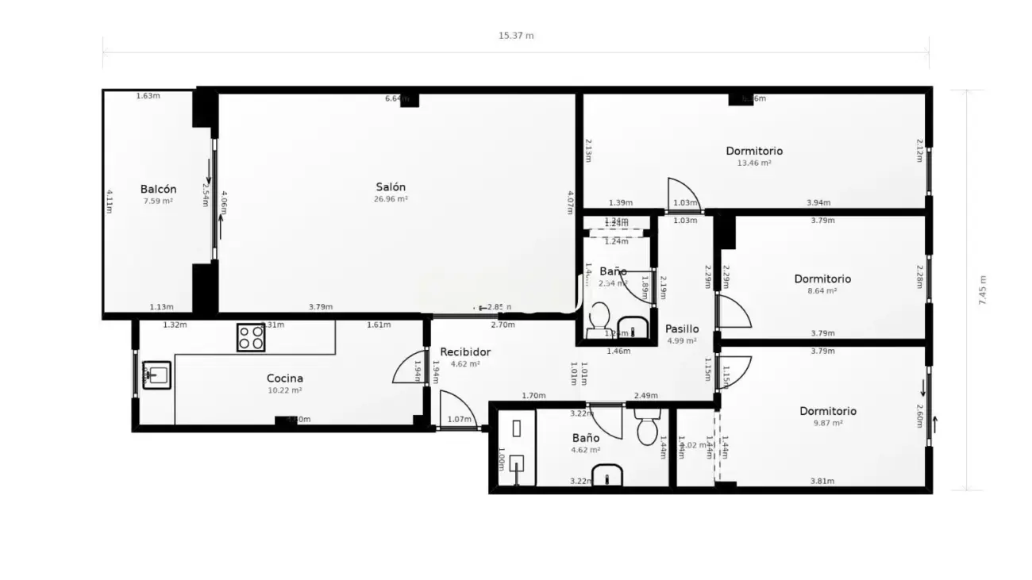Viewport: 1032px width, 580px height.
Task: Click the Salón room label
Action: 391,187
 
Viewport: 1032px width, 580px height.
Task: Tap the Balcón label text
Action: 158,190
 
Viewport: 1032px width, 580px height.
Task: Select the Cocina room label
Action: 284,378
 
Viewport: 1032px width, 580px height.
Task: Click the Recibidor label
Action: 465,352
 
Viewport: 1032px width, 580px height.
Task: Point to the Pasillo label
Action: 682,329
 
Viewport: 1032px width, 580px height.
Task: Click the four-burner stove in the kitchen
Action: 251,338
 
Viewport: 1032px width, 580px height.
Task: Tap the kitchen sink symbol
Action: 157,375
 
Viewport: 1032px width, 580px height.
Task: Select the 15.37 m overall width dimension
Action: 516,36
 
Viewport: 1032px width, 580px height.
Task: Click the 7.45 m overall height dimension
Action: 983,290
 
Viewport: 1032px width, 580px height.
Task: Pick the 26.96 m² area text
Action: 391,200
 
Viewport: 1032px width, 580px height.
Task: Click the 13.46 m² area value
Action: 754,163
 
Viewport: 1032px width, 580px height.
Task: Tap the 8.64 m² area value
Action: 822,291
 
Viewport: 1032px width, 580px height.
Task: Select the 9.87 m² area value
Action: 828,424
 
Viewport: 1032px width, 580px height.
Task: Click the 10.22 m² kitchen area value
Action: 284,390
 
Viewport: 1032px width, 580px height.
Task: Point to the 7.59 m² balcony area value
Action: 158,202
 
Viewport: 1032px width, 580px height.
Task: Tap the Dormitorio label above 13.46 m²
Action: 754,151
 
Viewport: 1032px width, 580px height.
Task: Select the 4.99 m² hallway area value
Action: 682,341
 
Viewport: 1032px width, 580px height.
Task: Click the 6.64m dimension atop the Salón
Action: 396,98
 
